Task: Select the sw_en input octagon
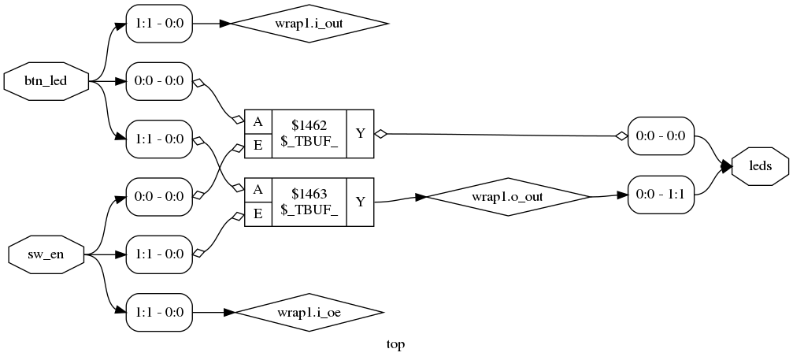pos(46,254)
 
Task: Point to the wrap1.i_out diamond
pos(309,24)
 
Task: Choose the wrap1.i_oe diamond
pos(309,312)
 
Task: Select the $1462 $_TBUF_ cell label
pos(309,135)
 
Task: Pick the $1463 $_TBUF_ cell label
pos(309,202)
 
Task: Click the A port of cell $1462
pos(258,122)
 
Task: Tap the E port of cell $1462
pos(258,147)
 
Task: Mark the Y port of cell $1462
pos(360,135)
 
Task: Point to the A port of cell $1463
pos(258,190)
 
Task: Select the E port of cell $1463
pos(258,214)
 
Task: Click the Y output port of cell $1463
pos(360,202)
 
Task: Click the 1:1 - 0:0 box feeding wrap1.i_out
pos(159,24)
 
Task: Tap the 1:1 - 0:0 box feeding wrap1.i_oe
pos(159,312)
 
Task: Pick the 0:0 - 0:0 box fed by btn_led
pos(159,81)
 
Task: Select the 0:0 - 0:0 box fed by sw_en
pos(159,197)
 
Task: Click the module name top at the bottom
pos(396,344)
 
